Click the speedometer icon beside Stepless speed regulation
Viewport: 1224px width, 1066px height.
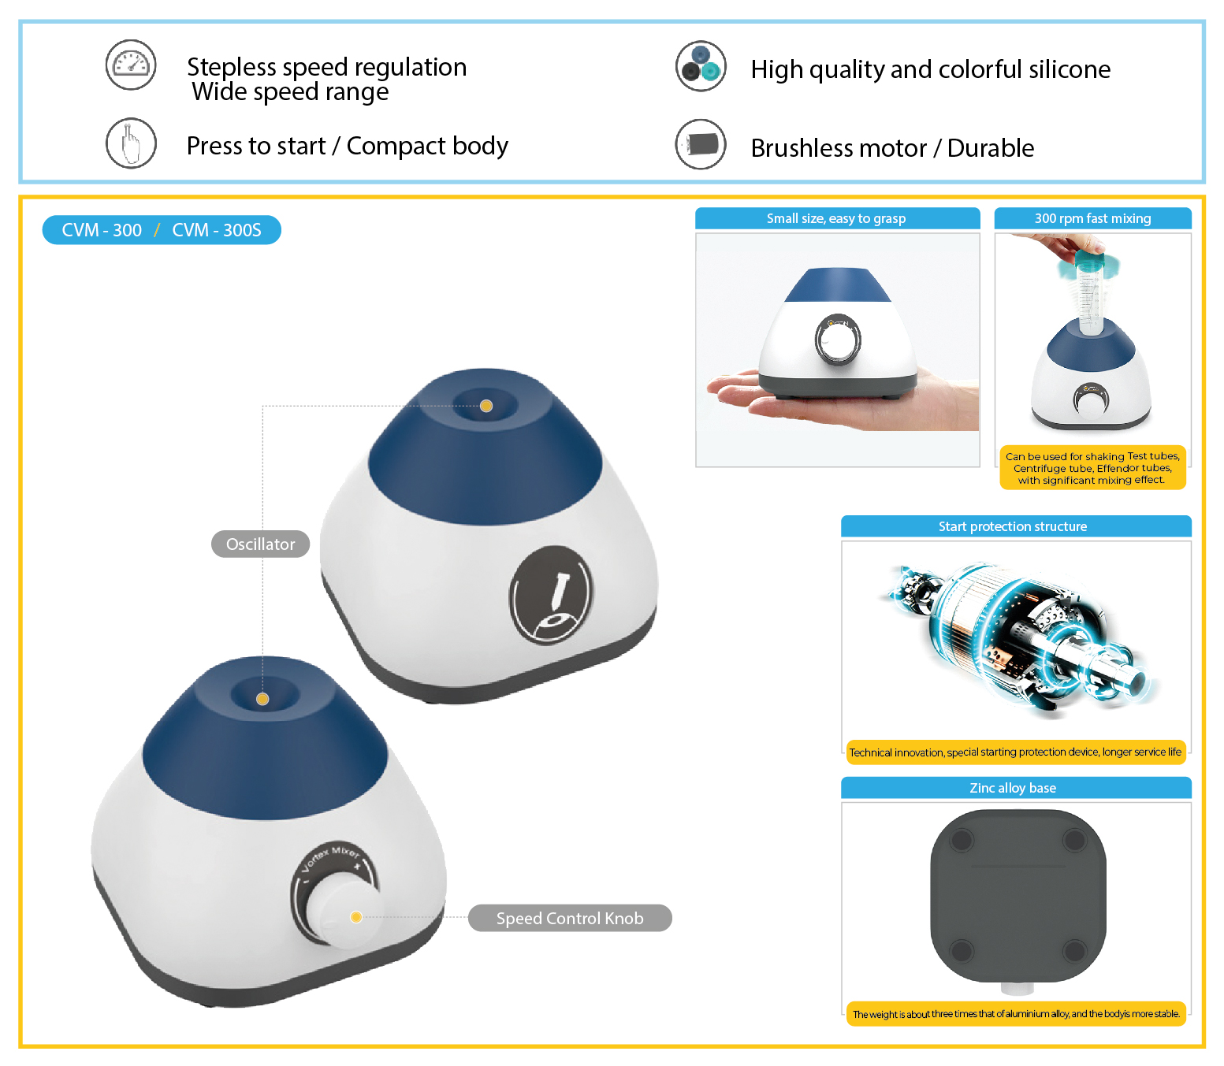(x=130, y=65)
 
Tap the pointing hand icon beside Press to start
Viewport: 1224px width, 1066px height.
(x=130, y=143)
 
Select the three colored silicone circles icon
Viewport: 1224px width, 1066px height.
(x=701, y=65)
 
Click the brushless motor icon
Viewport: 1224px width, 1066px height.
(x=701, y=144)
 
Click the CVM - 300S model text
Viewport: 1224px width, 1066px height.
(x=217, y=230)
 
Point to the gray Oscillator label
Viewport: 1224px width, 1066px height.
(x=260, y=544)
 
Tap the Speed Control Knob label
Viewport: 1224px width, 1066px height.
(x=570, y=918)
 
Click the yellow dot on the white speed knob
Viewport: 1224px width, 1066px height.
(x=356, y=916)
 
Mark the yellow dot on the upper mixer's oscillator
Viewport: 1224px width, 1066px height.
(x=486, y=406)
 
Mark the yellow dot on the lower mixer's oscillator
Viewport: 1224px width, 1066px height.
(x=262, y=699)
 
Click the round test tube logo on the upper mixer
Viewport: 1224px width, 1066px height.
(x=552, y=595)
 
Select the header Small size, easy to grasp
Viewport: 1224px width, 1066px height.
(x=837, y=218)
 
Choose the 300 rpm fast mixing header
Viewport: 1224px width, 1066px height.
(x=1092, y=218)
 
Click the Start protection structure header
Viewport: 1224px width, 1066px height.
(x=1016, y=526)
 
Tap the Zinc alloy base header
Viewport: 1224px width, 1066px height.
(x=1016, y=787)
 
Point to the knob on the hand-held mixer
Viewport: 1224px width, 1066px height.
(x=838, y=340)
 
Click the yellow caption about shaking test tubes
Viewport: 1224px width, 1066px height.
(x=1092, y=467)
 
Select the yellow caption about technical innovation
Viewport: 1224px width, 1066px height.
(x=1016, y=752)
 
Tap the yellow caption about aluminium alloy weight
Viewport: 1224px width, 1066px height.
(x=1016, y=1013)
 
